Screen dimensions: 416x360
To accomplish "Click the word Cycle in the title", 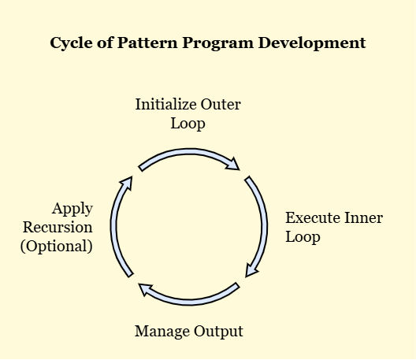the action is (71, 43).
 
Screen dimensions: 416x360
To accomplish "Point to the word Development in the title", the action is (312, 43).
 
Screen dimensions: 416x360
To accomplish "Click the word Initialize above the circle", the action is (166, 104).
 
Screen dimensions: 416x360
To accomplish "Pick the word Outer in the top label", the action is (221, 104).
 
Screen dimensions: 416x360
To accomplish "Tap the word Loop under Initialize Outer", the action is (188, 124).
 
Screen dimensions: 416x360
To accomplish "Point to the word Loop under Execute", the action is (303, 237).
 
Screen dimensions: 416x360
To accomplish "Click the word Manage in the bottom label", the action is (162, 332).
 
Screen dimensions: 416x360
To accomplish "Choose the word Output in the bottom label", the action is (218, 332).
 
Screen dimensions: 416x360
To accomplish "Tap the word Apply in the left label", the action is (72, 209).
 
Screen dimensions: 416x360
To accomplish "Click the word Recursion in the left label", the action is (58, 228).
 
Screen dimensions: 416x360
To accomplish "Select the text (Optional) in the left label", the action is (57, 247).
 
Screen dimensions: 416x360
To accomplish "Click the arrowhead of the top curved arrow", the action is (233, 164).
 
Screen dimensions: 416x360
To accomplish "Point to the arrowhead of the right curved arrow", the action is (251, 270).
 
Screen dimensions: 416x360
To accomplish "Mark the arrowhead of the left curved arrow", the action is (126, 184).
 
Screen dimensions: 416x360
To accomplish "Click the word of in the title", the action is (105, 43).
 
